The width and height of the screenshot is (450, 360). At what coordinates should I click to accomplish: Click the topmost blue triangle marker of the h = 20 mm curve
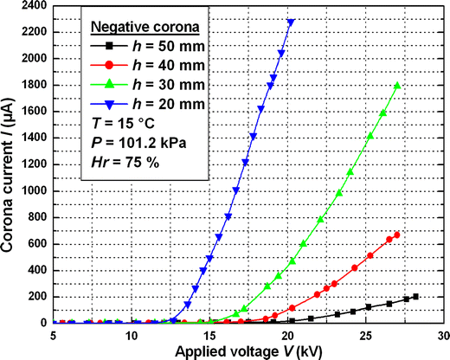tap(291, 22)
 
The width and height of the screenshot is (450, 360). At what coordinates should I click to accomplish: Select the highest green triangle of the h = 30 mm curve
tap(396, 86)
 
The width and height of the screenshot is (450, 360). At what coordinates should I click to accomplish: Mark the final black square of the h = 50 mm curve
tap(416, 297)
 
